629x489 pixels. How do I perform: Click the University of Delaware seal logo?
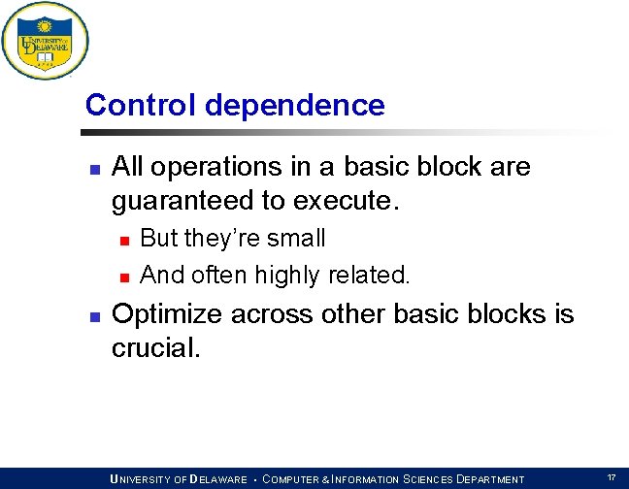tap(45, 41)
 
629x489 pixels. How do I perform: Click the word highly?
tap(287, 277)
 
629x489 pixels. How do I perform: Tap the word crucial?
tap(155, 348)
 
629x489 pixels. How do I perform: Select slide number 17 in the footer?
tap(611, 478)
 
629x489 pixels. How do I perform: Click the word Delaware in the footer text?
tap(219, 479)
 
